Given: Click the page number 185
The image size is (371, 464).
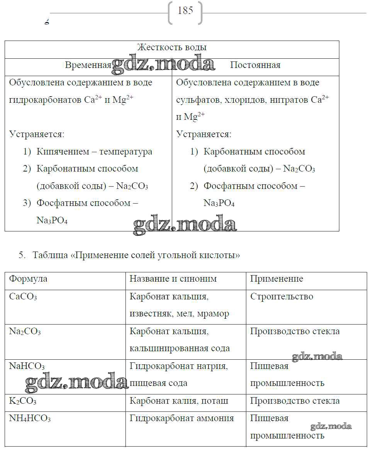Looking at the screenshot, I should coord(185,11).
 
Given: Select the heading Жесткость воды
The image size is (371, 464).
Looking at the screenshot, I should coord(172,48).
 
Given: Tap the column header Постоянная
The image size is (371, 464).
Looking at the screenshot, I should coord(255,65).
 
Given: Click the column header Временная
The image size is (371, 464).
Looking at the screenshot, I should coord(88,65).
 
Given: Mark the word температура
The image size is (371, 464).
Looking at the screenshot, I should coord(126,152).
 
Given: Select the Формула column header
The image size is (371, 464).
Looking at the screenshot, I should coord(28,279).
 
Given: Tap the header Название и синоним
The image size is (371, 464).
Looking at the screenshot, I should coord(173,279).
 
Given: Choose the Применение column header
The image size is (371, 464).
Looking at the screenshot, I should coord(276,279).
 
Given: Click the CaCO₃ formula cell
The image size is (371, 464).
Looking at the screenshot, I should coord(23,297).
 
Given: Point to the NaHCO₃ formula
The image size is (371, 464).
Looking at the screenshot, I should coord(27,366).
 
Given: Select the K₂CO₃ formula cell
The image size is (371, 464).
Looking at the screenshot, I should coord(23,401).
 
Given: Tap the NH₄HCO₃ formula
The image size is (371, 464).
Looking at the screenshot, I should coord(30,418).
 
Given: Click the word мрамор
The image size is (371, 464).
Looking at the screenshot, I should coord(213,314).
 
